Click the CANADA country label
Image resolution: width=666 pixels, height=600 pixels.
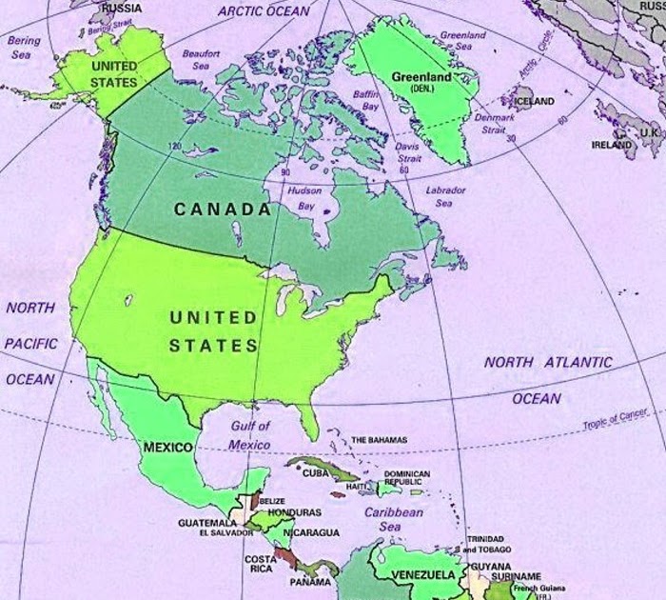coord(222,209)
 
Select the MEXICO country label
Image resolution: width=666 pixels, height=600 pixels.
coord(167,447)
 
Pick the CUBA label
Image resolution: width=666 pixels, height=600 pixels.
coord(316,473)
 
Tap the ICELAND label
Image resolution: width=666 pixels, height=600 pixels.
coord(534,101)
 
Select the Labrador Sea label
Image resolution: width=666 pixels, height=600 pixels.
coord(445,196)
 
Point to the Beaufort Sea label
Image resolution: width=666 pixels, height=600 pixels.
coord(201,60)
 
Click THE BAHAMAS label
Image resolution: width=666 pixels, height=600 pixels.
coord(379,440)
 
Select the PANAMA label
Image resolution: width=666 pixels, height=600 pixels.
coord(311,582)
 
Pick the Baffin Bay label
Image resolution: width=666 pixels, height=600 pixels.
coord(366,101)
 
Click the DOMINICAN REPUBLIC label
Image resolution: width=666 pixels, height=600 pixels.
coord(407,478)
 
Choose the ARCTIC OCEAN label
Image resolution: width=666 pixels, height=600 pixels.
coord(264,10)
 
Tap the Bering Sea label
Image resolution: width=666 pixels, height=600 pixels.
coord(24,48)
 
